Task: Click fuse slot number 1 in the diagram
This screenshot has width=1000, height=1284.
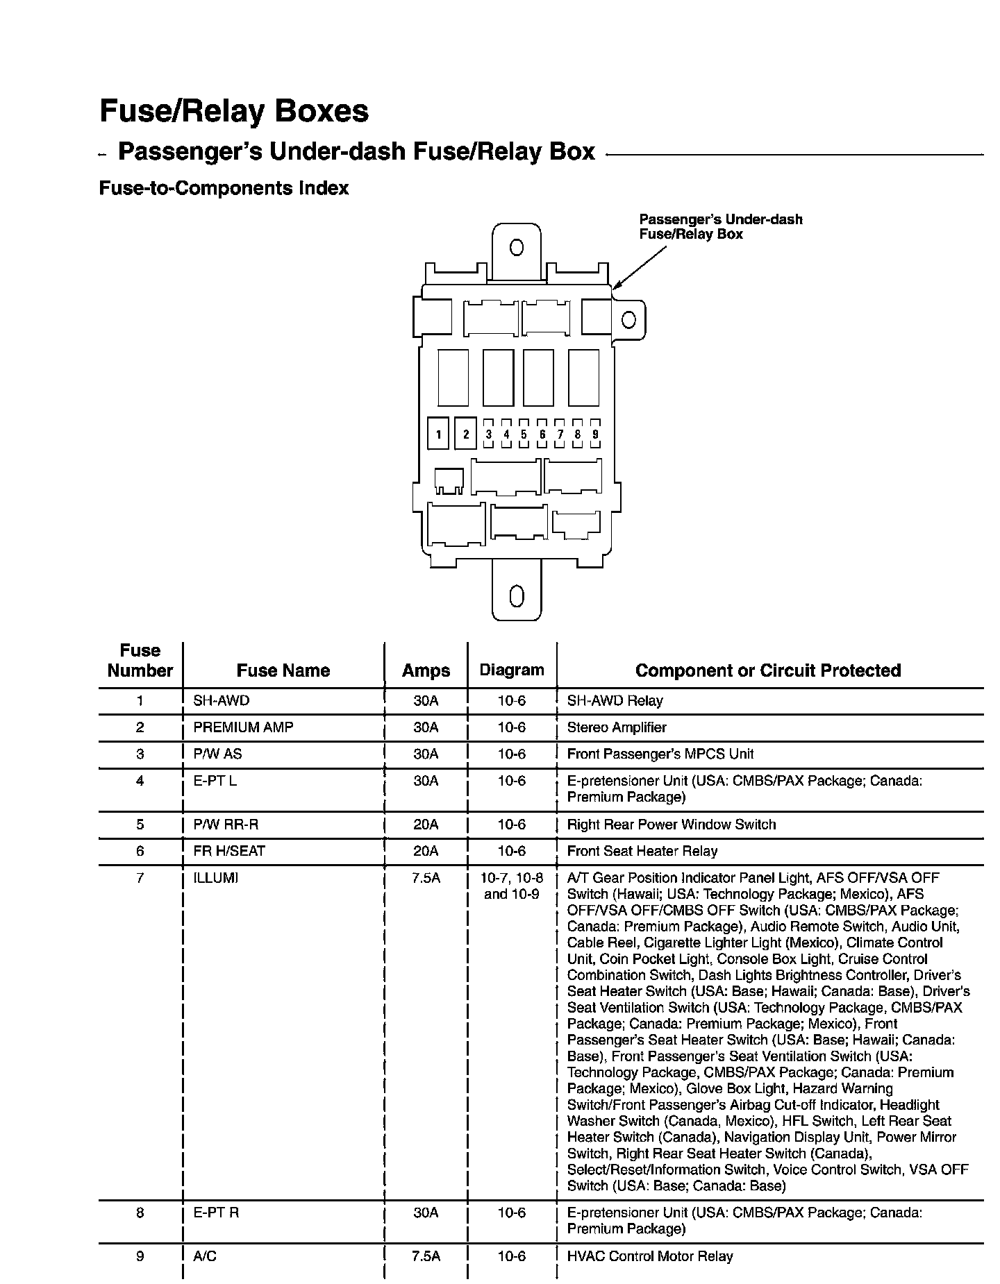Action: tap(438, 435)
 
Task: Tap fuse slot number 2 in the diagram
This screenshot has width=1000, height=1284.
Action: tap(465, 434)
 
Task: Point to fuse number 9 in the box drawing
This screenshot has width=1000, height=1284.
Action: tap(595, 434)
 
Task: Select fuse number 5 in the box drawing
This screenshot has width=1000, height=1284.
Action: tap(524, 434)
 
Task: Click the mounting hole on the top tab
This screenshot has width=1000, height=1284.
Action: tap(516, 248)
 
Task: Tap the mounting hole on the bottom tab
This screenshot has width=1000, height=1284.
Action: tap(516, 596)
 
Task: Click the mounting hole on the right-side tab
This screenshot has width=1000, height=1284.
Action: tap(628, 320)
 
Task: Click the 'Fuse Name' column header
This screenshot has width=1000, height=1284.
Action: tap(283, 670)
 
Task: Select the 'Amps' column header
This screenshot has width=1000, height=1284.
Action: tap(426, 670)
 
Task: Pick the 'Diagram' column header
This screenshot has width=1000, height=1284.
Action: tap(512, 670)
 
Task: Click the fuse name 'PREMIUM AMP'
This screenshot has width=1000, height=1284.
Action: tap(243, 727)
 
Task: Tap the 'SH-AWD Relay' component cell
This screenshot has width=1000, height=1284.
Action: tap(615, 701)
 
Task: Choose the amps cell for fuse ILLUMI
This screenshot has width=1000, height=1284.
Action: tap(426, 878)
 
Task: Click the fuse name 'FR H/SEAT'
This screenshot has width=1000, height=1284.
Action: tap(229, 851)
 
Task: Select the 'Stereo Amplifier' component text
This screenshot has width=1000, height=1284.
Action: tap(617, 727)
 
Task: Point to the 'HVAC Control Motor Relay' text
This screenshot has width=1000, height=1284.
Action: tap(650, 1256)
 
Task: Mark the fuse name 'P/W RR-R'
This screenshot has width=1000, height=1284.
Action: tap(226, 825)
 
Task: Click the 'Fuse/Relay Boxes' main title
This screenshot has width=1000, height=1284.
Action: tap(234, 111)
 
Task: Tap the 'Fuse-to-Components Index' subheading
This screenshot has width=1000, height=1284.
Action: tap(224, 188)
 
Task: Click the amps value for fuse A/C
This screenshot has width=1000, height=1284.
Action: tap(426, 1256)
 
